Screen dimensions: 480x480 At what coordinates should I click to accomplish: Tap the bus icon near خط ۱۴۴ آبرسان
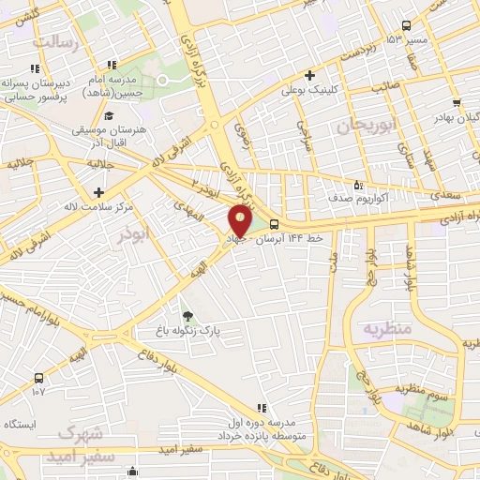[x=274, y=224]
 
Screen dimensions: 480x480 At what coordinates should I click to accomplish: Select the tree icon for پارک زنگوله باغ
[x=187, y=315]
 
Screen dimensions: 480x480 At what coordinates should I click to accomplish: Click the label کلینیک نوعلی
[x=309, y=92]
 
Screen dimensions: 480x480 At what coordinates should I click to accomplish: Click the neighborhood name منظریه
[x=386, y=329]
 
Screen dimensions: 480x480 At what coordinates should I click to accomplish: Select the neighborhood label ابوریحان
[x=362, y=125]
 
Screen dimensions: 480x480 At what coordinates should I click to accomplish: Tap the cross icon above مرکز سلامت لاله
[x=97, y=190]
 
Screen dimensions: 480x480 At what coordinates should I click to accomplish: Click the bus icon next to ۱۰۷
[x=37, y=377]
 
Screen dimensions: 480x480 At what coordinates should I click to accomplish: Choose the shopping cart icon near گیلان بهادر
[x=456, y=103]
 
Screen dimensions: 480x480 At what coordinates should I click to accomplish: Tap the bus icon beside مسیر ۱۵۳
[x=406, y=26]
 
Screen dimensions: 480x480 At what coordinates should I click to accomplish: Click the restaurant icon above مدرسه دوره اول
[x=262, y=407]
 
